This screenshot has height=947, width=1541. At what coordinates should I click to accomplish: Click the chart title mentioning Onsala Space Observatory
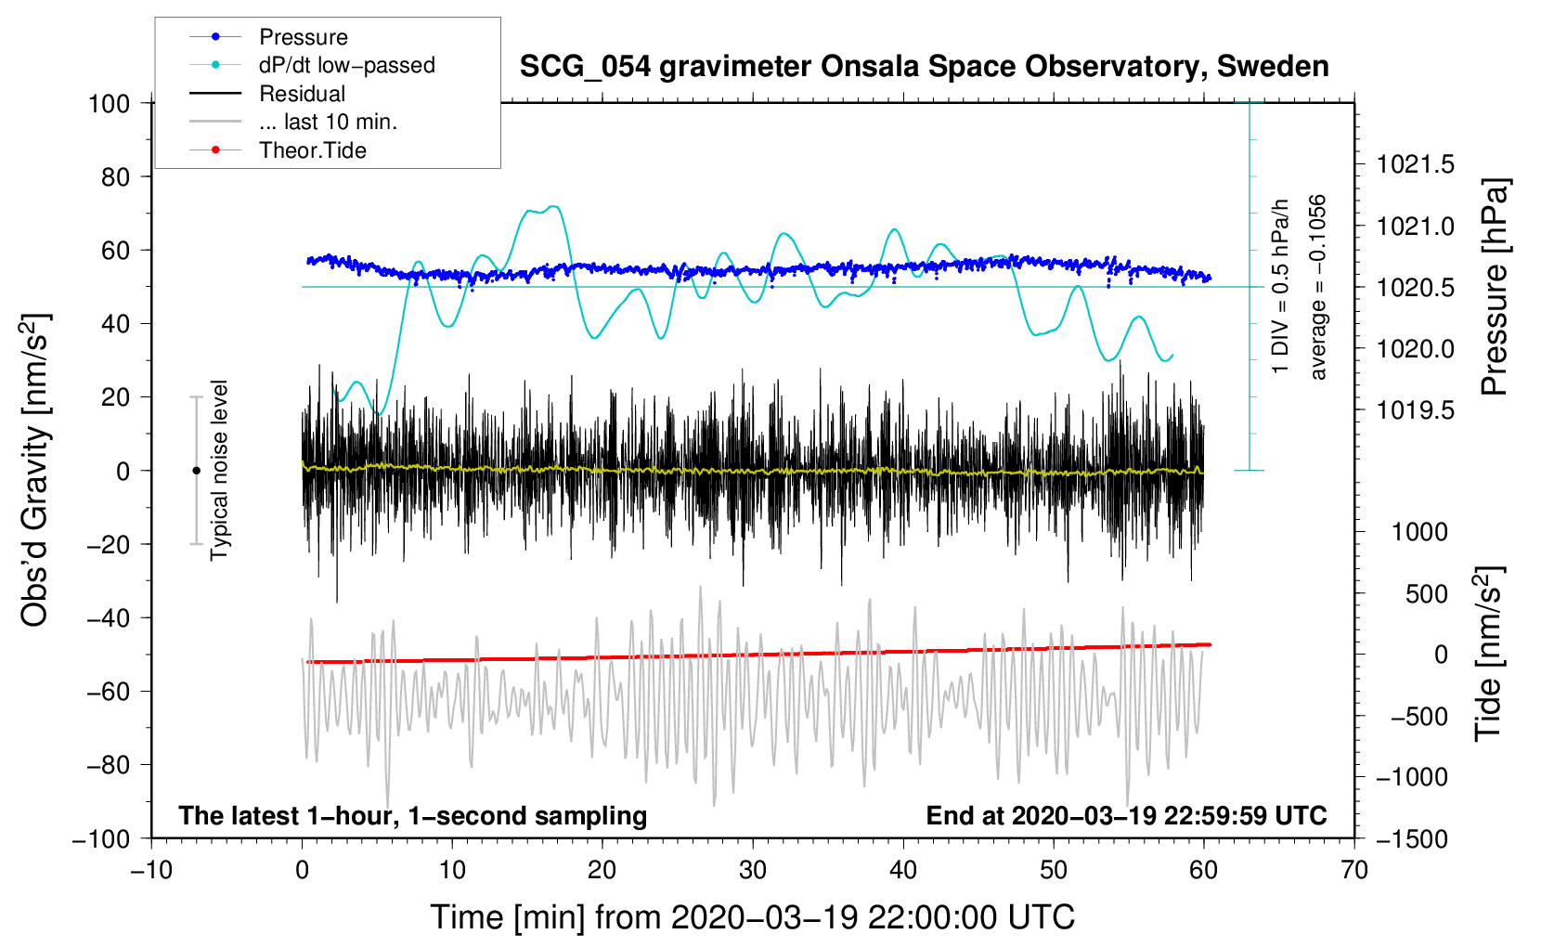pyautogui.click(x=924, y=67)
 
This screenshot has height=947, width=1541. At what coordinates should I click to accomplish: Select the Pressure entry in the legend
pyautogui.click(x=303, y=37)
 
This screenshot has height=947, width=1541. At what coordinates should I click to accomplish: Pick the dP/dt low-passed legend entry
pyautogui.click(x=346, y=65)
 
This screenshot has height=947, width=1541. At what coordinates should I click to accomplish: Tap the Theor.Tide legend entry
pyautogui.click(x=312, y=150)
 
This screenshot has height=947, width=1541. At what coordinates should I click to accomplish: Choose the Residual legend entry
pyautogui.click(x=302, y=94)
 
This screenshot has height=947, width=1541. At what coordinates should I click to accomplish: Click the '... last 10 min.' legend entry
pyautogui.click(x=328, y=122)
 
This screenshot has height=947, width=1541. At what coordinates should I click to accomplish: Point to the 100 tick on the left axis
pyautogui.click(x=110, y=103)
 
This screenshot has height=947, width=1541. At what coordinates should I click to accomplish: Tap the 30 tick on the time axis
pyautogui.click(x=753, y=870)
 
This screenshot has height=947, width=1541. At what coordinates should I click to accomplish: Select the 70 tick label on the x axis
pyautogui.click(x=1354, y=870)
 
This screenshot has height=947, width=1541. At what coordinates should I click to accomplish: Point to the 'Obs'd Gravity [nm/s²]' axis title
pyautogui.click(x=34, y=471)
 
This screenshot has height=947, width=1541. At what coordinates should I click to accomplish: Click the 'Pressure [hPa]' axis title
pyautogui.click(x=1494, y=287)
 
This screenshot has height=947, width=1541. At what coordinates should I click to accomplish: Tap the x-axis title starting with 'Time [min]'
pyautogui.click(x=753, y=917)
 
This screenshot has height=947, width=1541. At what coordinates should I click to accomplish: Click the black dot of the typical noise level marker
pyautogui.click(x=196, y=471)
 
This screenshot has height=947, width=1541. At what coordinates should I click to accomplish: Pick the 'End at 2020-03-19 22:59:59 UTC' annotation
pyautogui.click(x=1126, y=815)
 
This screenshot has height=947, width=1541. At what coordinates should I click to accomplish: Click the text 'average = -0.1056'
pyautogui.click(x=1318, y=287)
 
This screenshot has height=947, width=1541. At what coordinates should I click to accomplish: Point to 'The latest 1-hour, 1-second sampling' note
pyautogui.click(x=413, y=815)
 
